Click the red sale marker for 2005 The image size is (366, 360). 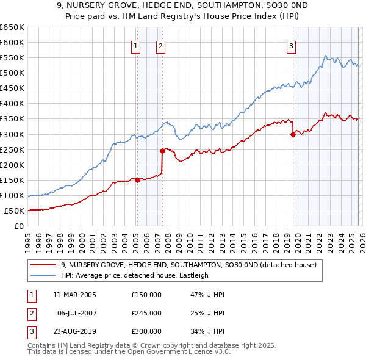(137, 179)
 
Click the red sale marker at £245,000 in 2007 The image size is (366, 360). (162, 151)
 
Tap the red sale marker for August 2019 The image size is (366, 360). (293, 134)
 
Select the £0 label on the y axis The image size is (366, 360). (20, 226)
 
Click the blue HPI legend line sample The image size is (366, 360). (43, 275)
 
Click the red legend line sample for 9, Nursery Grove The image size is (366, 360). (43, 265)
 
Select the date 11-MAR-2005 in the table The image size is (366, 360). (74, 295)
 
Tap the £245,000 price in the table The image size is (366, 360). (146, 313)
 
